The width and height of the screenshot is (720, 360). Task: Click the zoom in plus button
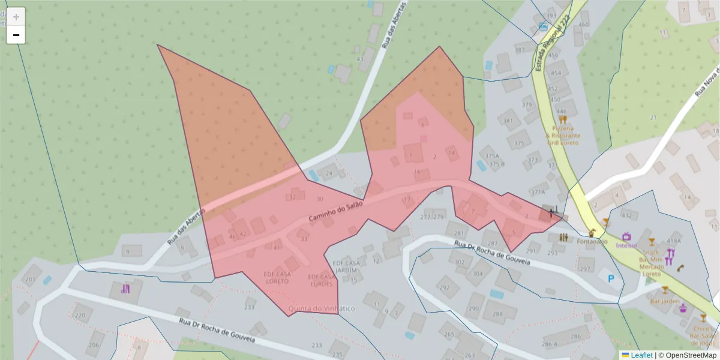pyautogui.click(x=16, y=17)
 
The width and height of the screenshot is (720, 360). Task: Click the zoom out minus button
pyautogui.click(x=16, y=35)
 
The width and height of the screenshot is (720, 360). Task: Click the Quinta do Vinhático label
pyautogui.click(x=322, y=308)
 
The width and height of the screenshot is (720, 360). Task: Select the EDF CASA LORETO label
pyautogui.click(x=277, y=277)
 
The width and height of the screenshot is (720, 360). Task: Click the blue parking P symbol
pyautogui.click(x=611, y=278)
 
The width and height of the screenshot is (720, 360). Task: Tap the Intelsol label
pyautogui.click(x=626, y=245)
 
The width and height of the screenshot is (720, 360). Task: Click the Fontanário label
pyautogui.click(x=592, y=242)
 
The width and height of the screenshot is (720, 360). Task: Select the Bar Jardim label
pyautogui.click(x=665, y=301)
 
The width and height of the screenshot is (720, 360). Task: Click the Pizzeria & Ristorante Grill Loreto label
pyautogui.click(x=563, y=136)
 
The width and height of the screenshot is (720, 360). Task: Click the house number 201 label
pyautogui.click(x=29, y=280)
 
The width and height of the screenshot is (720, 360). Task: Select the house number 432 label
pyautogui.click(x=627, y=215)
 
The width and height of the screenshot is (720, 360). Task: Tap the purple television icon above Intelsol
pyautogui.click(x=627, y=236)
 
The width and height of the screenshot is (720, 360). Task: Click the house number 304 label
pyautogui.click(x=478, y=273)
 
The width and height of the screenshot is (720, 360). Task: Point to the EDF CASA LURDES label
pyautogui.click(x=320, y=280)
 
